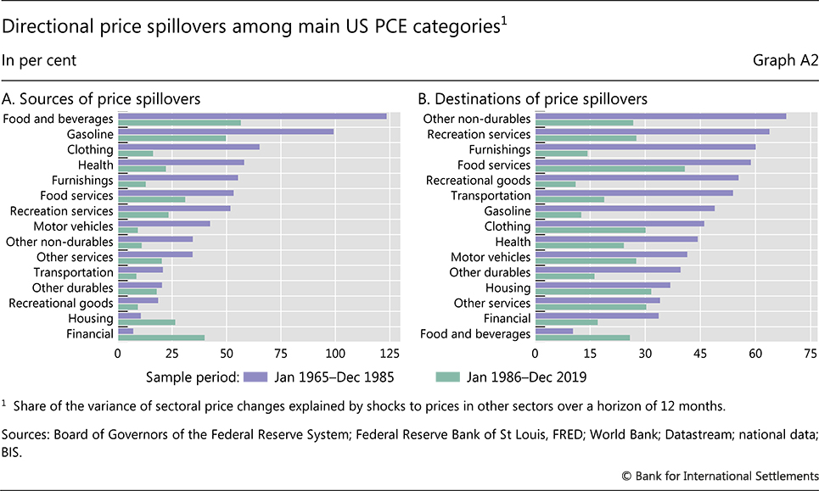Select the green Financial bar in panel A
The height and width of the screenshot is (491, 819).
[x=161, y=338]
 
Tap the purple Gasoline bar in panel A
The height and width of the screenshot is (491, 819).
[x=226, y=131]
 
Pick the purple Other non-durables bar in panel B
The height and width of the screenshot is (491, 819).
[x=660, y=116]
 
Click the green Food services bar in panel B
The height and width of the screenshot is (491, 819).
[x=609, y=169]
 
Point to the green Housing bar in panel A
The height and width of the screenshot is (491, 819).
[x=146, y=322]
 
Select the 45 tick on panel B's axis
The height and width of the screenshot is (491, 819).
[x=700, y=352]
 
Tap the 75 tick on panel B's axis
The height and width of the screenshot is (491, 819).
[x=810, y=352]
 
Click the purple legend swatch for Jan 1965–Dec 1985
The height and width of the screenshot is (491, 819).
[x=255, y=373]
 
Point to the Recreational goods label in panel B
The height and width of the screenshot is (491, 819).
[x=478, y=181]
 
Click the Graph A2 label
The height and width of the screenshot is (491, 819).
[x=785, y=60]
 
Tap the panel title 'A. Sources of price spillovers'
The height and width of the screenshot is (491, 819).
[x=102, y=98]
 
